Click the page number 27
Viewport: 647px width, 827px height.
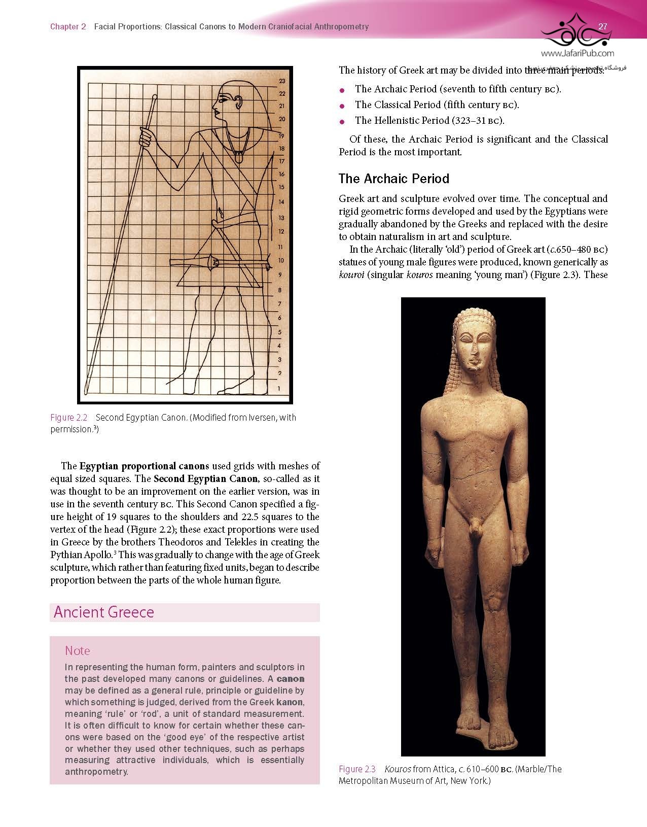pos(603,26)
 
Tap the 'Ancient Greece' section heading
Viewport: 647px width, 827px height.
pos(104,612)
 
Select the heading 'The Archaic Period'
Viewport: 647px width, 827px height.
pos(393,179)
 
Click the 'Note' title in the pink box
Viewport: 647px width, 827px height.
pos(77,650)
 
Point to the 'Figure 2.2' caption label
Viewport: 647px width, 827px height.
pos(68,418)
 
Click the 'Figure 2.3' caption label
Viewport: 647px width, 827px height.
pos(357,769)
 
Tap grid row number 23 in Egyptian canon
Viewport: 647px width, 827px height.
pos(282,81)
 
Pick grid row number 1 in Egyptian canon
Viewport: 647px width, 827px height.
pos(279,389)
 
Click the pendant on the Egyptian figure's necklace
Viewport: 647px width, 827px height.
pos(238,158)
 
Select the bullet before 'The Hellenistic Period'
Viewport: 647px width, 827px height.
pos(342,121)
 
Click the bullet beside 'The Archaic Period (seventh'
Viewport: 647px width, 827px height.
pos(342,90)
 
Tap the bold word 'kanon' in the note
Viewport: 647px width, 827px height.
pos(290,702)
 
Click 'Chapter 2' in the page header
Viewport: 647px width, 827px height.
pos(68,26)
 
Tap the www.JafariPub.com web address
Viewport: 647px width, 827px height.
pos(578,53)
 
